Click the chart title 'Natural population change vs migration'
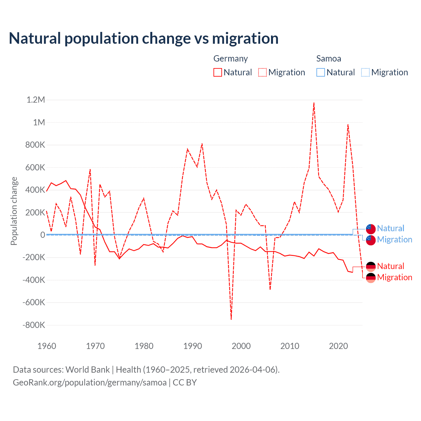[x=144, y=38]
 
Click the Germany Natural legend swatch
[x=218, y=72]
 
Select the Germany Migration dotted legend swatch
[x=262, y=72]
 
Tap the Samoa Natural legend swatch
[x=321, y=72]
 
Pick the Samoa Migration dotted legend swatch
[x=365, y=72]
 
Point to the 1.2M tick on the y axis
[x=36, y=100]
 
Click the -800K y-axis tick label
[x=34, y=325]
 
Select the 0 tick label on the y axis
[x=43, y=235]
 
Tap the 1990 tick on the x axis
[x=193, y=346]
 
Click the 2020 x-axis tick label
[x=338, y=346]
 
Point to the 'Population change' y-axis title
[x=14, y=211]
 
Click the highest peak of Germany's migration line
[x=314, y=103]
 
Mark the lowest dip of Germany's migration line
[x=231, y=319]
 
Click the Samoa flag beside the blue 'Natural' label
[x=371, y=229]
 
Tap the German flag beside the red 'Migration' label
[x=371, y=278]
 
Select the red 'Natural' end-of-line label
[x=390, y=266]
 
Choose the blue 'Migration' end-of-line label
[x=394, y=239]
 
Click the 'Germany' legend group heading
[x=231, y=59]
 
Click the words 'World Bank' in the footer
[x=88, y=370]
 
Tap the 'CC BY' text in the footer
[x=185, y=383]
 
